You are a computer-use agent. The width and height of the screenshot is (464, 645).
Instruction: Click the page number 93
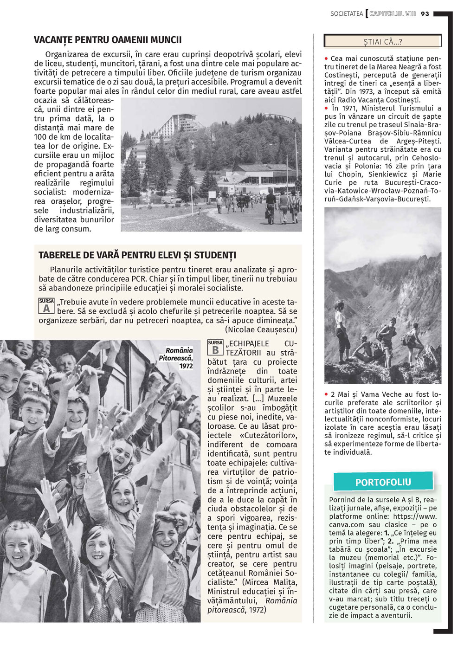tap(425, 14)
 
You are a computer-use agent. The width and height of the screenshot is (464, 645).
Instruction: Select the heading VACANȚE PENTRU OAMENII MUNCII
tap(108, 40)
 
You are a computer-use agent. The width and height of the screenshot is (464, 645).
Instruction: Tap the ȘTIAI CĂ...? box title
tap(383, 42)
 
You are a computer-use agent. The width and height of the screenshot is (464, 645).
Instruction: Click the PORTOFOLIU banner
tap(383, 482)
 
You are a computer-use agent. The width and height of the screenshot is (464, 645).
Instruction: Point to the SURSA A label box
tap(46, 306)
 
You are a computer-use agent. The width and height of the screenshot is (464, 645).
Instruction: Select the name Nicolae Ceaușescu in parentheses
tap(261, 329)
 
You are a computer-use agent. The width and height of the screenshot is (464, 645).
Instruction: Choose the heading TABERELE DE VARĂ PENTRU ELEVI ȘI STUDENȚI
tap(137, 255)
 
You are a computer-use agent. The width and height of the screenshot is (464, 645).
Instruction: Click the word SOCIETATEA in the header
tap(347, 14)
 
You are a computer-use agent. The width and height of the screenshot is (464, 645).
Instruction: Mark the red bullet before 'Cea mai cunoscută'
tap(327, 58)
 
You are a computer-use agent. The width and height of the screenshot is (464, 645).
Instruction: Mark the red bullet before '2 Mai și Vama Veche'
tap(327, 394)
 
